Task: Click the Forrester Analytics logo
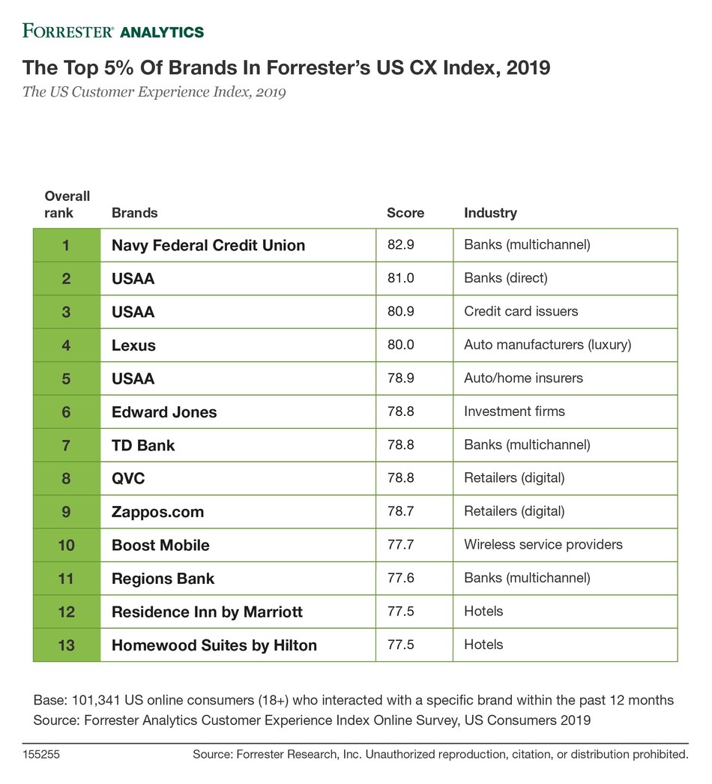click(x=113, y=31)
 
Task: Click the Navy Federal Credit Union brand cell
click(x=208, y=245)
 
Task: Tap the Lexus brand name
click(x=133, y=346)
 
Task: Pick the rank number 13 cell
click(x=67, y=645)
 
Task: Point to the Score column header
click(x=405, y=213)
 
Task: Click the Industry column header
click(x=490, y=213)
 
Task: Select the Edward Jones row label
click(x=164, y=411)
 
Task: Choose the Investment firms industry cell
click(x=514, y=411)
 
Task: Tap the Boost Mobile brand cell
click(x=160, y=545)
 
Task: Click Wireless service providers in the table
click(x=543, y=545)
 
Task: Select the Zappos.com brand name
click(x=157, y=512)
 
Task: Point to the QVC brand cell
click(x=128, y=478)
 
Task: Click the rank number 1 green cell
click(x=67, y=245)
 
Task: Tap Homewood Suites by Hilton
click(x=214, y=645)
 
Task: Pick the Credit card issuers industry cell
click(x=521, y=312)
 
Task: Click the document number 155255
click(x=41, y=755)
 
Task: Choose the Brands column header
click(x=135, y=213)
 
